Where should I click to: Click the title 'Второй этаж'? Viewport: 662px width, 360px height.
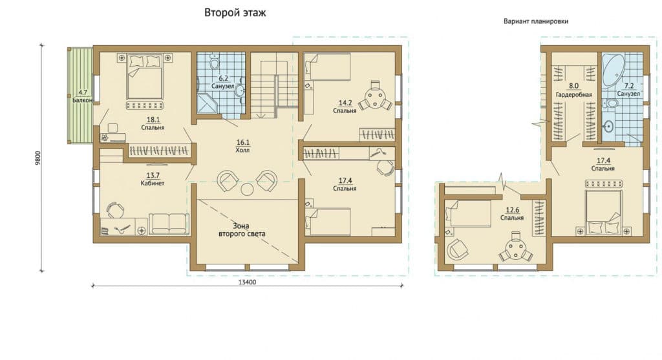pyautogui.click(x=235, y=13)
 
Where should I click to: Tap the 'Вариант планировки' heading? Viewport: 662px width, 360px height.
pyautogui.click(x=536, y=21)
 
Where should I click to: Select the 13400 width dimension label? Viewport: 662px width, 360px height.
pyautogui.click(x=248, y=282)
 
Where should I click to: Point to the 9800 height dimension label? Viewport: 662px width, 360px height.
pyautogui.click(x=37, y=158)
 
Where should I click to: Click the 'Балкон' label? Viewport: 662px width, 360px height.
pyautogui.click(x=82, y=100)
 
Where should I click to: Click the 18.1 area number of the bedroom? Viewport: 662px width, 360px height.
pyautogui.click(x=153, y=120)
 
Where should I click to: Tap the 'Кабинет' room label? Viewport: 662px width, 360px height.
pyautogui.click(x=153, y=183)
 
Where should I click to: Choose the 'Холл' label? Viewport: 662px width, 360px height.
pyautogui.click(x=242, y=150)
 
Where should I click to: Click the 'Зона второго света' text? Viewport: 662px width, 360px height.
pyautogui.click(x=242, y=229)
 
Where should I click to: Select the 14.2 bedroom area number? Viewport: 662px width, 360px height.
pyautogui.click(x=345, y=103)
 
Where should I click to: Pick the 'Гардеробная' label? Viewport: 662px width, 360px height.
pyautogui.click(x=574, y=94)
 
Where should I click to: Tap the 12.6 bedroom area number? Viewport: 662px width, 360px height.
pyautogui.click(x=512, y=210)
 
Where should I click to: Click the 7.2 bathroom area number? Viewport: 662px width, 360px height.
pyautogui.click(x=629, y=86)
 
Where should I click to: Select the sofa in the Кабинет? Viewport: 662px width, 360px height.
pyautogui.click(x=169, y=223)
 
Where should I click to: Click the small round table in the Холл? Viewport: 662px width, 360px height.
pyautogui.click(x=247, y=189)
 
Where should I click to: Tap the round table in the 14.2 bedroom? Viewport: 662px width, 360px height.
pyautogui.click(x=375, y=96)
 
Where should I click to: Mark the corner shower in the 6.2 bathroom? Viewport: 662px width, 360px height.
pyautogui.click(x=206, y=104)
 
